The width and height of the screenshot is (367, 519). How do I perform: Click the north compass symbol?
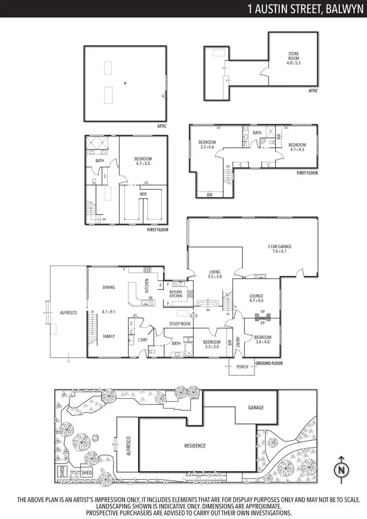341,468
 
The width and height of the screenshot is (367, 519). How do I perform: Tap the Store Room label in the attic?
293,58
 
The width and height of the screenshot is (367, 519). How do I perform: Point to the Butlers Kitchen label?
176,294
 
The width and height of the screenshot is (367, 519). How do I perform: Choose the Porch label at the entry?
242,366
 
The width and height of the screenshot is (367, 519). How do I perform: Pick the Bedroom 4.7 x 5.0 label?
143,162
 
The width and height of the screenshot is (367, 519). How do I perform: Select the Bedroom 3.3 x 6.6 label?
207,144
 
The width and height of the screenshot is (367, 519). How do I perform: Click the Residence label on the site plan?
195,446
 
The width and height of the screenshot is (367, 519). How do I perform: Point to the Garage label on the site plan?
255,407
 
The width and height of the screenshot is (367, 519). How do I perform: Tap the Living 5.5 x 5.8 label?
214,274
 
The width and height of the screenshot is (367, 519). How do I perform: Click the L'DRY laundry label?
143,340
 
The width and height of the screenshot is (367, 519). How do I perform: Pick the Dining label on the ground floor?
109,287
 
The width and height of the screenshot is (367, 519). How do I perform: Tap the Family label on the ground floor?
109,336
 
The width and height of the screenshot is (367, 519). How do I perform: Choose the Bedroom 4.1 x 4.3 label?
297,148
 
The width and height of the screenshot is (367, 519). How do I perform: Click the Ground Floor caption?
269,363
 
